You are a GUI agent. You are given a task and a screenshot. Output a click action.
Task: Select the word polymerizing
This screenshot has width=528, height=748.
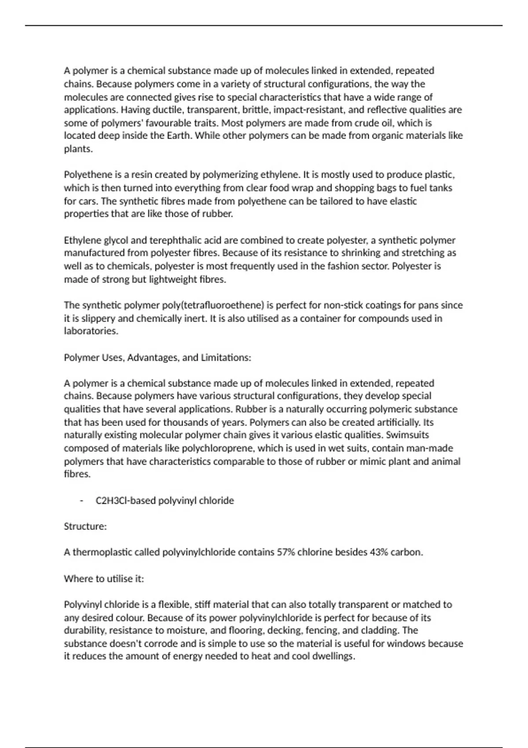pos(230,175)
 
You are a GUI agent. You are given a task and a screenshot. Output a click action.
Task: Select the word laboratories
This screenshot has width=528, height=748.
pos(91,331)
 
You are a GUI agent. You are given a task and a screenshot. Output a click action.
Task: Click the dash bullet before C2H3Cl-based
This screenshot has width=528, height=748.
pos(81,501)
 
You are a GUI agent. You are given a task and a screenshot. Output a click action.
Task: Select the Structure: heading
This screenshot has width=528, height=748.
pos(85,526)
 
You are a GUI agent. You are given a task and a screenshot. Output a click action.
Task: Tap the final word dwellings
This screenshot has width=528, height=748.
pos(333,656)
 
